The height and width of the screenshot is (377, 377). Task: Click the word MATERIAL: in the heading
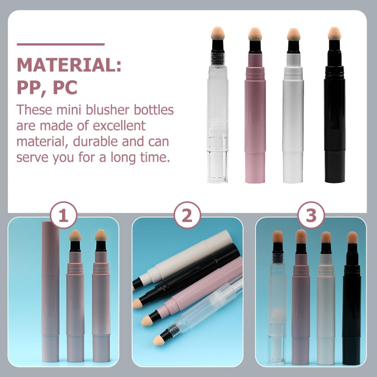pyautogui.click(x=69, y=65)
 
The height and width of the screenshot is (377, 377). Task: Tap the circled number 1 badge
pyautogui.click(x=64, y=216)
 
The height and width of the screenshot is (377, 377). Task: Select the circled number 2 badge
pyautogui.click(x=187, y=216)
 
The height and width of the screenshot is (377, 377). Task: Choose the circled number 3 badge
pyautogui.click(x=311, y=216)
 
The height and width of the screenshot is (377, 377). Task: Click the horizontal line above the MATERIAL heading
pyautogui.click(x=61, y=44)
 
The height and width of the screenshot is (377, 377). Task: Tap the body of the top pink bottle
pyautogui.click(x=255, y=119)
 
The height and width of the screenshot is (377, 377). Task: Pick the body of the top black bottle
pyautogui.click(x=335, y=119)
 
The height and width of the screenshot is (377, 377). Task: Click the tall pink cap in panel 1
pyautogui.click(x=50, y=283)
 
